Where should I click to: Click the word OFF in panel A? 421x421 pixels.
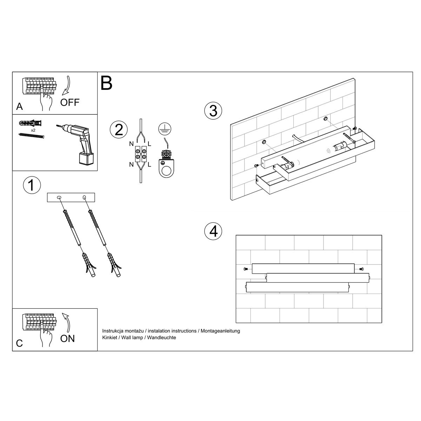[x=70, y=102]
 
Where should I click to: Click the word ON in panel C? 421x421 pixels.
[x=67, y=339]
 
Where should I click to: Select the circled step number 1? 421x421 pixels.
[x=32, y=185]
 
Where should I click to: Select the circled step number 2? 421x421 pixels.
[x=119, y=130]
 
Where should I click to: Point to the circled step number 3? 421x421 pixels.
[x=213, y=111]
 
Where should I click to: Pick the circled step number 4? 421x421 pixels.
[x=213, y=231]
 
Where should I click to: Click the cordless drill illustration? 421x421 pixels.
[x=78, y=143]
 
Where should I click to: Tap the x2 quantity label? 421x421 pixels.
[x=33, y=130]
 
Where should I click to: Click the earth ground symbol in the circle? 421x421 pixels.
[x=165, y=129]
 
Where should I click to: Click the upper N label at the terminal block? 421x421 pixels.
[x=131, y=144]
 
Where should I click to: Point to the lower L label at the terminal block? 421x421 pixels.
[x=149, y=164]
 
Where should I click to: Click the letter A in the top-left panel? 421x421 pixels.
[x=19, y=107]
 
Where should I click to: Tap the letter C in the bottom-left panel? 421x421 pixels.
[x=19, y=343]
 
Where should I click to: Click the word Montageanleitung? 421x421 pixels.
[x=220, y=331]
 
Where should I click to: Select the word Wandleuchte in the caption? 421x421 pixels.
[x=161, y=338]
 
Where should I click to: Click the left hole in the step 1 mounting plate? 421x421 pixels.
[x=59, y=198]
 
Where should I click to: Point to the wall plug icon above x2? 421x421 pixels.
[x=31, y=123]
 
